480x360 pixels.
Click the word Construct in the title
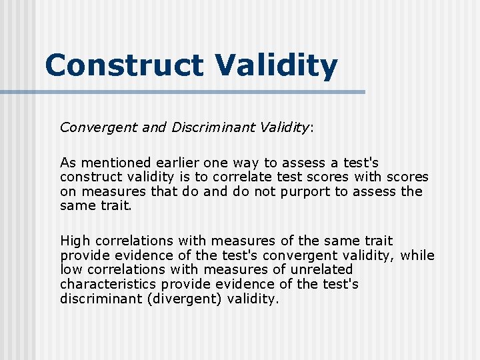pos(124,65)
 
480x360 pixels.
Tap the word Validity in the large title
pos(276,65)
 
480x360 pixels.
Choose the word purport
pos(310,192)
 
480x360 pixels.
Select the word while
pos(419,255)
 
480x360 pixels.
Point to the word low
pos(69,270)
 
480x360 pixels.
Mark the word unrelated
pos(323,270)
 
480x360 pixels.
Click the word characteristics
pos(109,285)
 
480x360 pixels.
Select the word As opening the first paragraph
pos(68,163)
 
